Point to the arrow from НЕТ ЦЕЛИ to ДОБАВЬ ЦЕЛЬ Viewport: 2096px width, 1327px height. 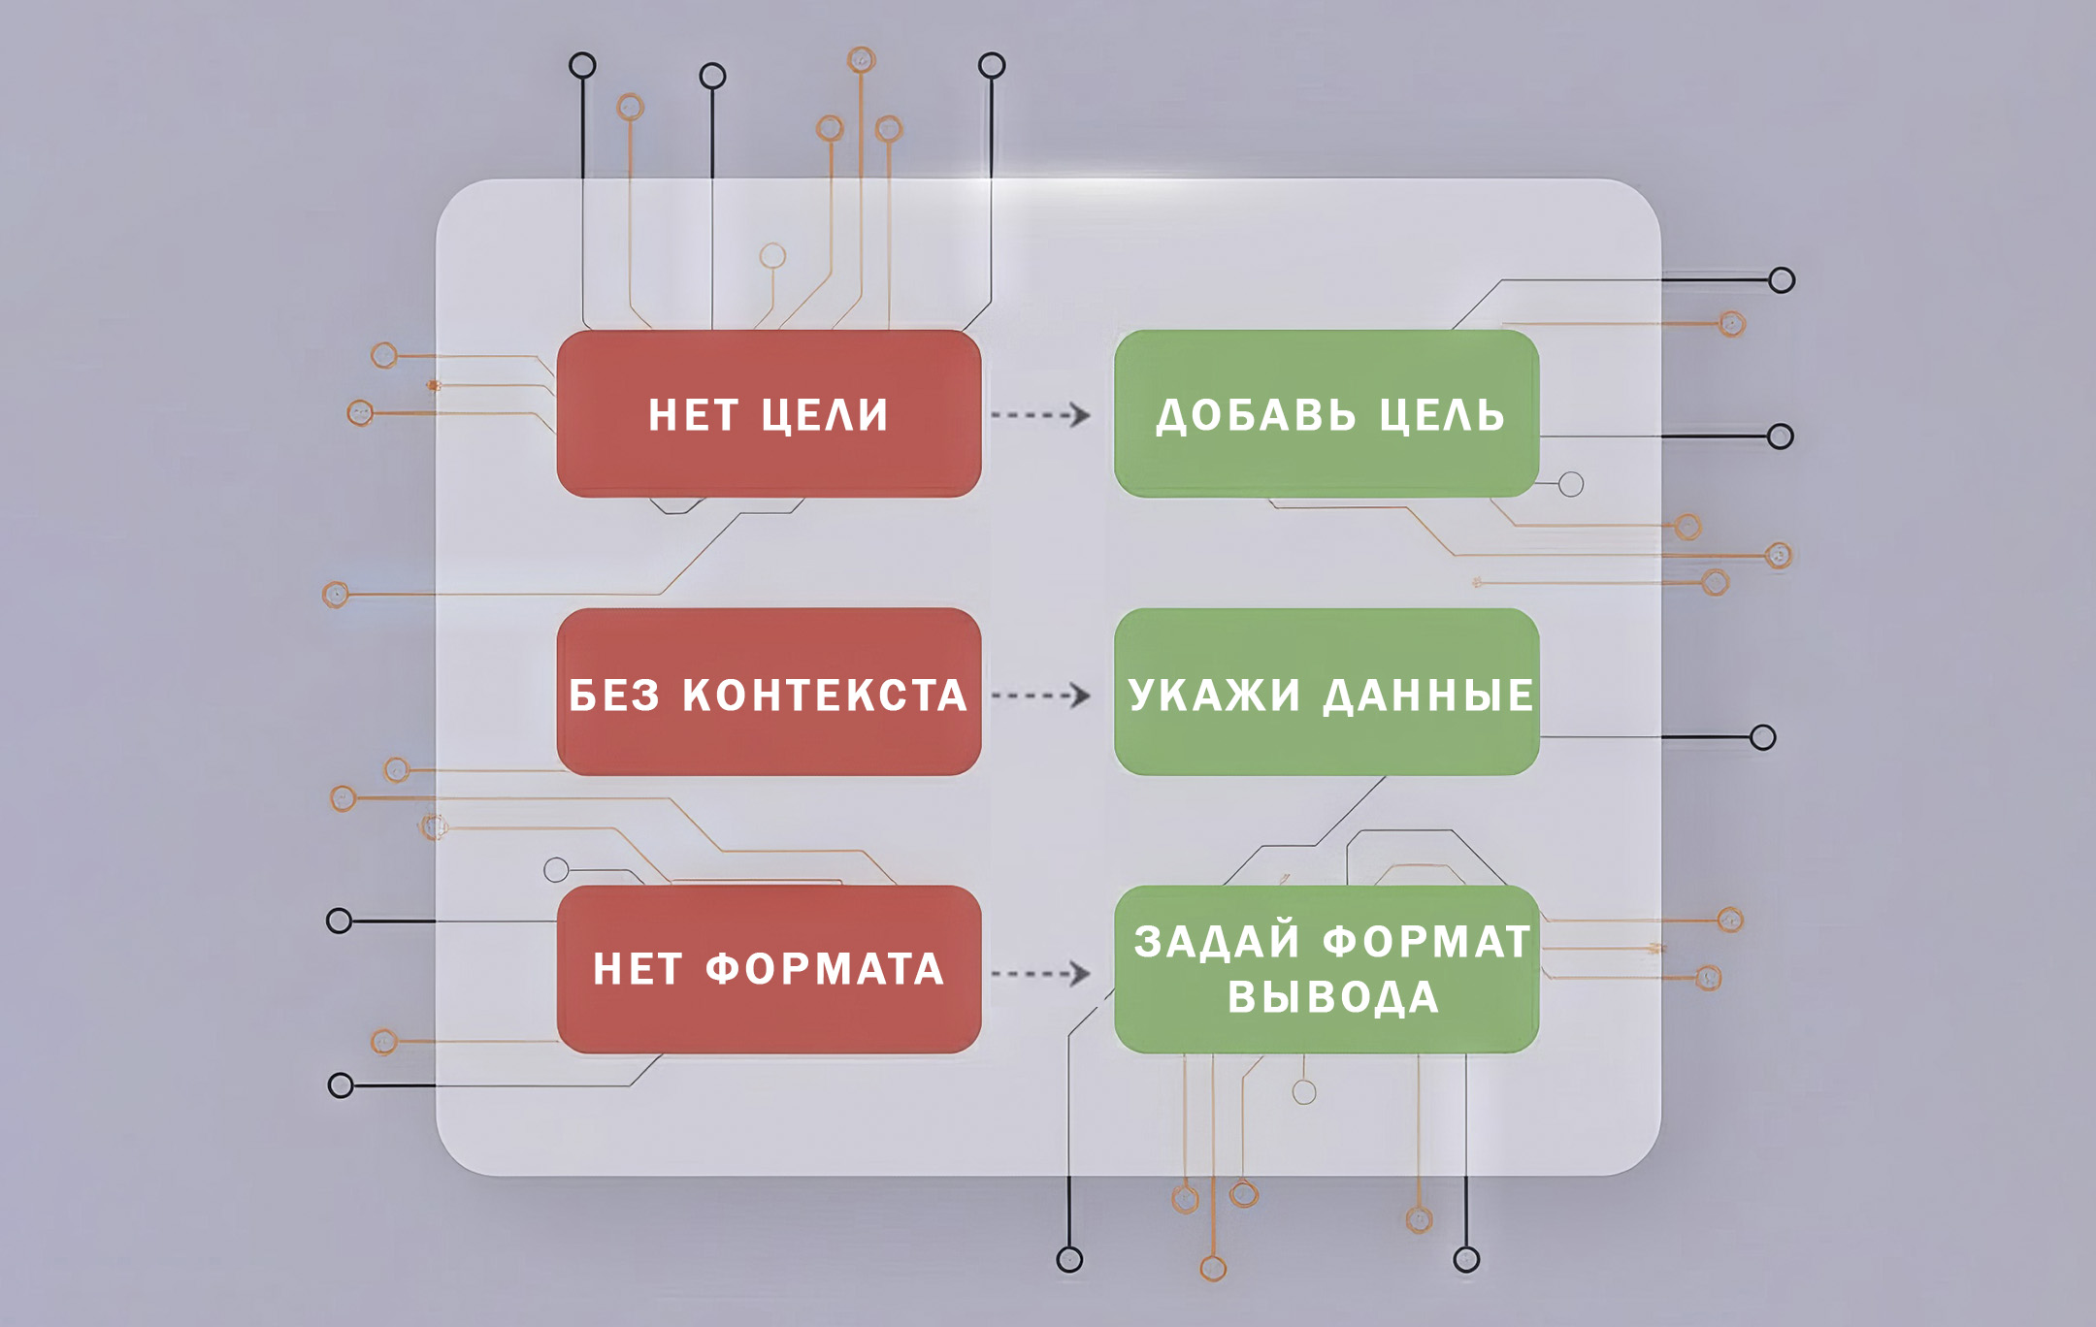(x=1041, y=415)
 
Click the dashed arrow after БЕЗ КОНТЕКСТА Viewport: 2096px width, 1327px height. (x=1041, y=696)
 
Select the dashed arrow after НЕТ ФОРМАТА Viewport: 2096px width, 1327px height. (x=1041, y=973)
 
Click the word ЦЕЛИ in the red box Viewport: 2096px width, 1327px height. (x=825, y=415)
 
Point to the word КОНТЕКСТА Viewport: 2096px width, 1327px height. (x=825, y=696)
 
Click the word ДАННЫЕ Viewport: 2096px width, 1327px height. (x=1428, y=696)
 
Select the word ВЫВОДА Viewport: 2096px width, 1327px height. (x=1333, y=998)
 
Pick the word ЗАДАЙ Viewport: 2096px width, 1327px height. (x=1217, y=942)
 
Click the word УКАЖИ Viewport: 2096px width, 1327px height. (x=1214, y=696)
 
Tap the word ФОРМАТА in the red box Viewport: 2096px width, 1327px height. (x=825, y=969)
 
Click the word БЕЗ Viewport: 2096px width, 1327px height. (x=614, y=696)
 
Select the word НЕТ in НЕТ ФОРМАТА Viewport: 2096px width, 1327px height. (x=638, y=969)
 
